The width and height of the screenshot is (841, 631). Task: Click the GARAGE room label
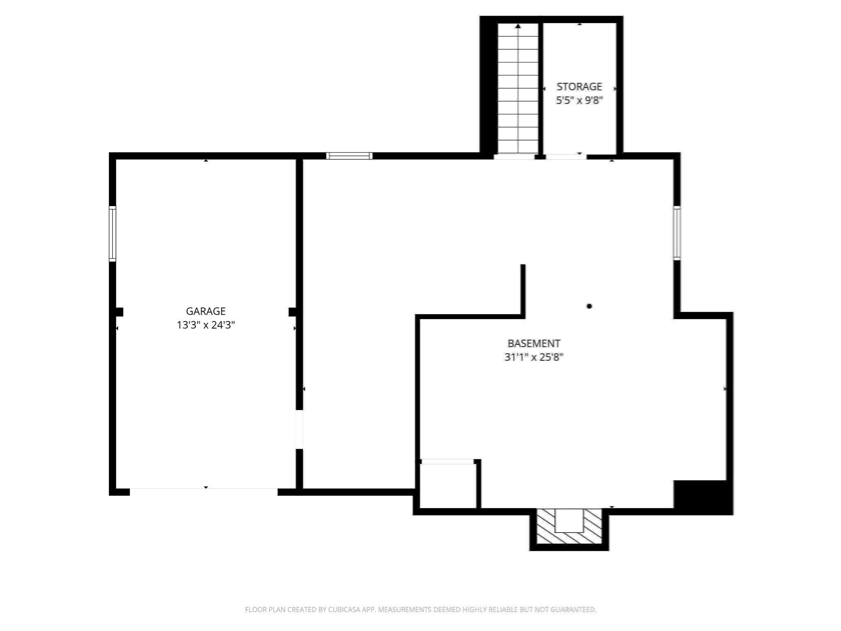(x=206, y=311)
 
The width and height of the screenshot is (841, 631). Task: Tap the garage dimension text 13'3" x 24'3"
(x=206, y=325)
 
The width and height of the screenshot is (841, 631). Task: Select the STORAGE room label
(x=579, y=87)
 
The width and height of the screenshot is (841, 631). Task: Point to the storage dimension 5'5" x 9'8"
(x=579, y=100)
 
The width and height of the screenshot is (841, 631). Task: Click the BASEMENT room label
(x=533, y=343)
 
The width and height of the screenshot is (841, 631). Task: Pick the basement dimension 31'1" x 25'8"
(x=533, y=357)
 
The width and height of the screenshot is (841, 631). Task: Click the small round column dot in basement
(x=589, y=306)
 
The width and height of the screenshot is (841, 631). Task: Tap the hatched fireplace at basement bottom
(x=569, y=527)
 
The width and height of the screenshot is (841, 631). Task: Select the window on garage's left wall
(x=112, y=234)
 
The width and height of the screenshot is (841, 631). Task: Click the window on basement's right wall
(x=676, y=233)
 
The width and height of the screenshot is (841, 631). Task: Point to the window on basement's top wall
(x=349, y=156)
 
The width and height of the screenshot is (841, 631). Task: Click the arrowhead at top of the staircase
(x=518, y=26)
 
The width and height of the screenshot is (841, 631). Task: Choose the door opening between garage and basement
(x=299, y=429)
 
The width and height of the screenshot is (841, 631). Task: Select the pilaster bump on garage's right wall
(x=292, y=312)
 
